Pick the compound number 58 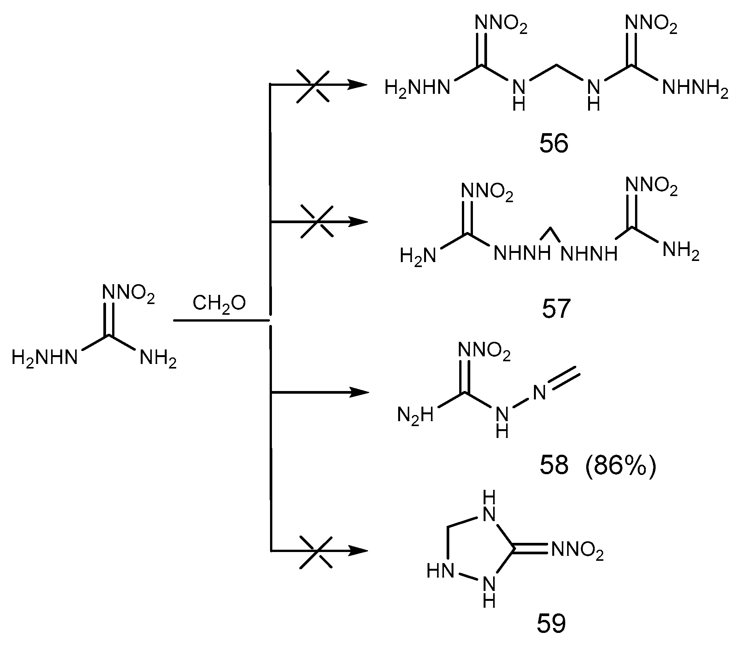554,466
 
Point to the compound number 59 551,624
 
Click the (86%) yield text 620,466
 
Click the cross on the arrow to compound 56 313,85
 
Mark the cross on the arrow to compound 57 317,222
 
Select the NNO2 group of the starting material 129,294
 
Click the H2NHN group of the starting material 44,358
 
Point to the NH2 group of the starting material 158,359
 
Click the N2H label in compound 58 415,414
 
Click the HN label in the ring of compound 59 440,571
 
